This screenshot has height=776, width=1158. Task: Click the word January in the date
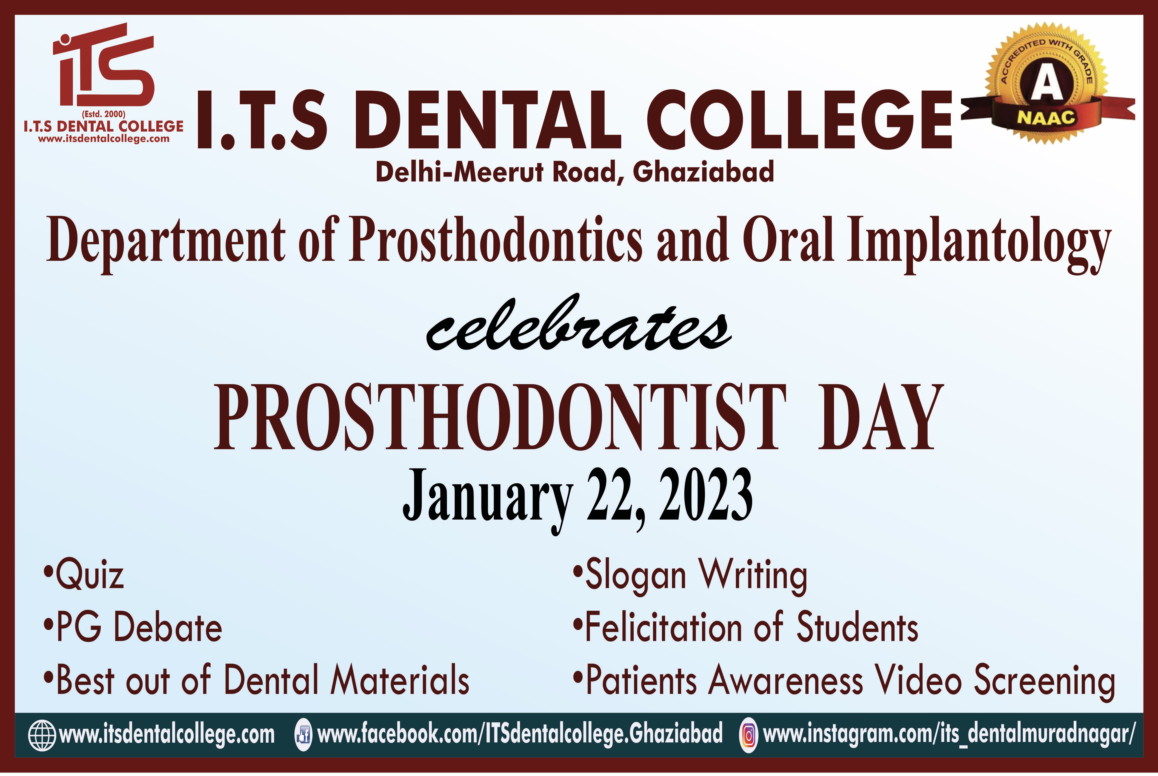pyautogui.click(x=487, y=500)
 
